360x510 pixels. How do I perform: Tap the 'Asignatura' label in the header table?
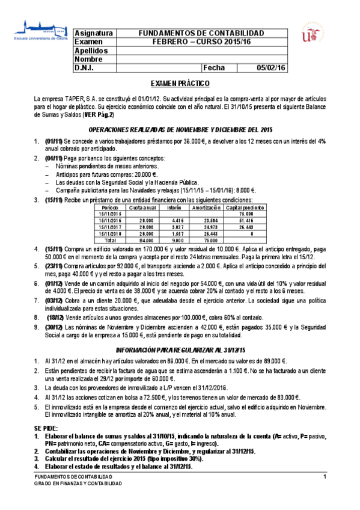coord(93,32)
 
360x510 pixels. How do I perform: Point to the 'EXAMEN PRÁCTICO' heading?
coord(180,84)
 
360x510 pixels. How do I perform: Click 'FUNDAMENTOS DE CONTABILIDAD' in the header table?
coord(201,32)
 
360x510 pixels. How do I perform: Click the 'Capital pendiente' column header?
coord(245,207)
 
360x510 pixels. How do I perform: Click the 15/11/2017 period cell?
coord(110,226)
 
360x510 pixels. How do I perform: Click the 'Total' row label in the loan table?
coord(110,239)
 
